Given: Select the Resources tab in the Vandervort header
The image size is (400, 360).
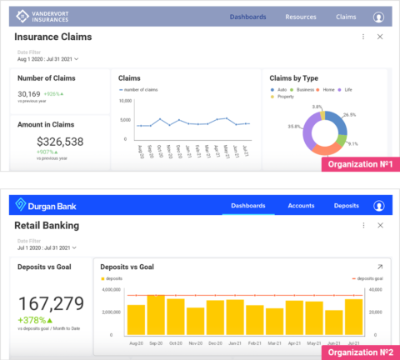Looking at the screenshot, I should tap(300, 17).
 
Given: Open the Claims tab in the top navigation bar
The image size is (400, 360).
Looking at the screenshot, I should tap(346, 17).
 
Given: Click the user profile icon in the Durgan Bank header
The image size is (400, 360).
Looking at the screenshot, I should tap(379, 206).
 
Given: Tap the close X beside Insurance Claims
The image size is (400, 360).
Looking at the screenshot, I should tap(380, 37).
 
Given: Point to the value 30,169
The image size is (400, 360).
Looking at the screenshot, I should tap(29, 94).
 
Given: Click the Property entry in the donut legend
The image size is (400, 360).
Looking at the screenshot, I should tap(285, 96).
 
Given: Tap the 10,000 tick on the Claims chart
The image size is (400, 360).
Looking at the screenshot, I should tap(125, 101).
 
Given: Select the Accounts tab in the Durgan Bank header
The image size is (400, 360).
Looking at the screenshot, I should tap(301, 206).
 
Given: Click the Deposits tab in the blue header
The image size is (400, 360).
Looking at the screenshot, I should tap(347, 206).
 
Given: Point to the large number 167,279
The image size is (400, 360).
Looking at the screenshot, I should tap(51, 303).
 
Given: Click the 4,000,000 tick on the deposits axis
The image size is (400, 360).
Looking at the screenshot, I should tap(111, 289).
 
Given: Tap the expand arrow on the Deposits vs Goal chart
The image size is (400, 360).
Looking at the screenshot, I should tap(380, 267).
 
